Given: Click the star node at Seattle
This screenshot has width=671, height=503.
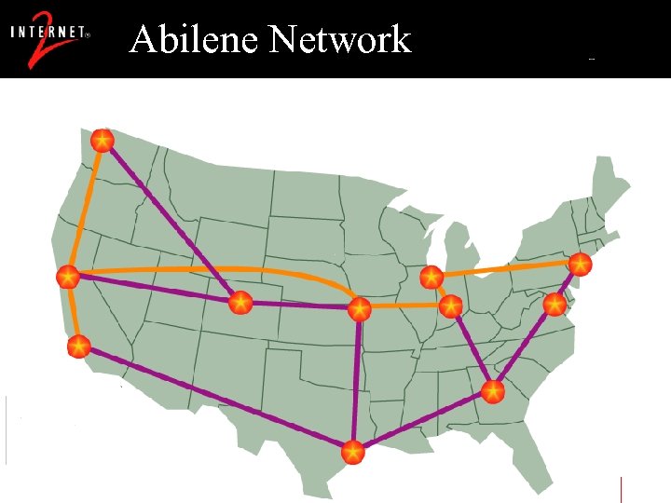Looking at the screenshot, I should coord(103,141).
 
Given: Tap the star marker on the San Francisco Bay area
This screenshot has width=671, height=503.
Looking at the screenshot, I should coord(67,277).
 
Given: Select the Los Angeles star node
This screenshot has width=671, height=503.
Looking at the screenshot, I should coord(79,347).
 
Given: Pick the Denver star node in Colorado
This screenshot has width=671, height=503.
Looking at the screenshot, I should coord(240,302).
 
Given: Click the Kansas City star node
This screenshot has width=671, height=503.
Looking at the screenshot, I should coord(360,307).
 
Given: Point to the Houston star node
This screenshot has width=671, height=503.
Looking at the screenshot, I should coord(352,453).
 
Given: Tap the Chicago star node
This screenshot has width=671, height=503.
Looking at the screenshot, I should coord(431,277).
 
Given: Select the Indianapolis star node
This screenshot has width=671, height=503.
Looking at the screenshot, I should coord(451,306).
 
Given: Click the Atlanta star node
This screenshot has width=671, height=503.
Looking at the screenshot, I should coord(493,390).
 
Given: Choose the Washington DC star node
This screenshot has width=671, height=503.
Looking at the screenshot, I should coord(555,304).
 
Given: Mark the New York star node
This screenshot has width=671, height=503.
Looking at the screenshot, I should coord(581,264).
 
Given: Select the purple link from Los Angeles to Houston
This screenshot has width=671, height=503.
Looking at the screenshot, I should coord(214,400).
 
